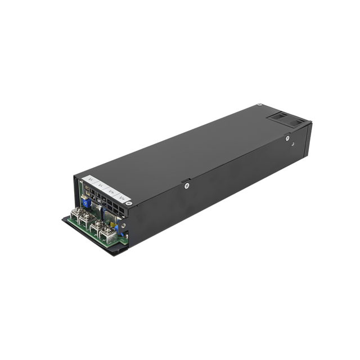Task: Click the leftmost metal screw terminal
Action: (75, 213)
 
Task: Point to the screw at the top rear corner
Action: (259, 106)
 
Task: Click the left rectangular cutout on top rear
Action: (276, 116)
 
